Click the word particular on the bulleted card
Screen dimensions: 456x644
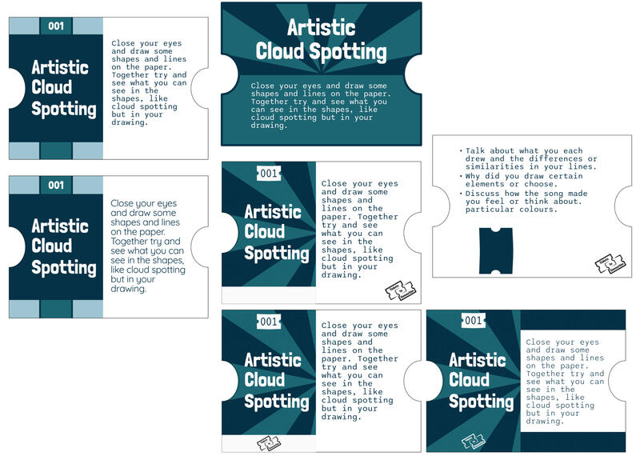(x=492, y=210)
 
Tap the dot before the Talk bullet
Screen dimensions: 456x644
(x=460, y=150)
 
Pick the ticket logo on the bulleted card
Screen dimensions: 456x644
(x=610, y=264)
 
